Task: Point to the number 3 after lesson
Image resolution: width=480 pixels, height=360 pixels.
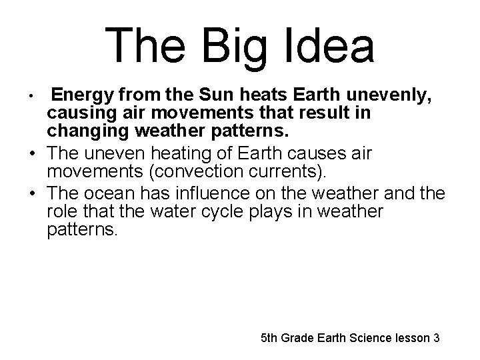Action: pos(436,338)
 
